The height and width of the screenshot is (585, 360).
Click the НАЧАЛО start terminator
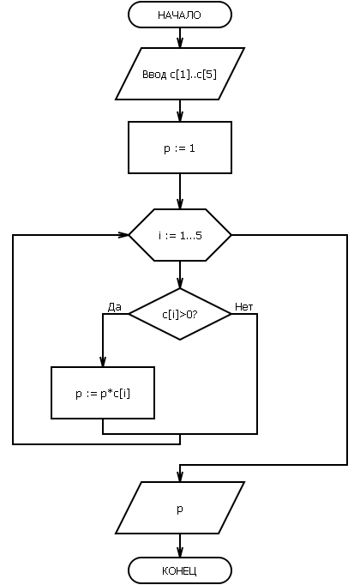pos(180,15)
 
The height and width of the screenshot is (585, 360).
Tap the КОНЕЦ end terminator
pos(180,570)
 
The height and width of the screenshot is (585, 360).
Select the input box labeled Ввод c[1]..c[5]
pos(180,74)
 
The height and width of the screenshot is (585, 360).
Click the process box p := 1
pos(180,148)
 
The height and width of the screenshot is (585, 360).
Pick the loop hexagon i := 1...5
pos(180,235)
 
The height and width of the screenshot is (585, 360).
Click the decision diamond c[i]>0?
pos(180,314)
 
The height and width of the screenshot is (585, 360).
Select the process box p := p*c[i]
pos(103,393)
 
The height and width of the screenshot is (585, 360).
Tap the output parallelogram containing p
pos(180,508)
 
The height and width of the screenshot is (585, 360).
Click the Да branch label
pos(114,307)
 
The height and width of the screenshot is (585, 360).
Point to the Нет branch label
pos(243,307)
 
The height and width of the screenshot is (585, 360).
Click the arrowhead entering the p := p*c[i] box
pos(103,362)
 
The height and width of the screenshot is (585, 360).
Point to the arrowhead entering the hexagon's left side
pos(123,235)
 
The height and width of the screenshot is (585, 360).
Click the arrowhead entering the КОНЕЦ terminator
pos(180,552)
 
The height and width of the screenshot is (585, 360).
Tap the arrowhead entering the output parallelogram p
pos(180,476)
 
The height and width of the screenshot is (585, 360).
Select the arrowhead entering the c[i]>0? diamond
pos(180,283)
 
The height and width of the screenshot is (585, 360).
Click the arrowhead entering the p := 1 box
pos(180,116)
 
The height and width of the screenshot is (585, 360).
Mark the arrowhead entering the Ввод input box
pos(180,43)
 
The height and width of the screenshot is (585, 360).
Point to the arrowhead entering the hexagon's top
pos(180,203)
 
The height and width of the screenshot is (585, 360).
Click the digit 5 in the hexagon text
pos(199,235)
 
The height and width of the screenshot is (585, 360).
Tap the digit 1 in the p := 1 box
pos(192,148)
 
